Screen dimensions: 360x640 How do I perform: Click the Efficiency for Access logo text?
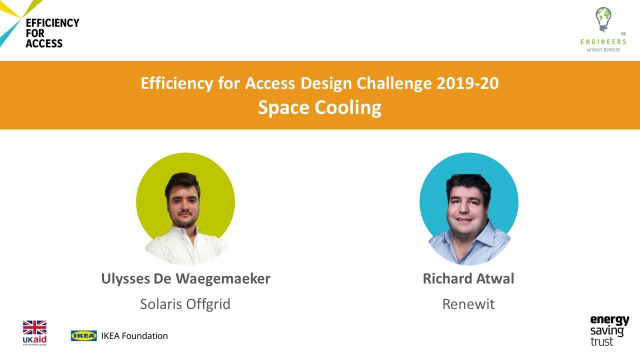pos(52,33)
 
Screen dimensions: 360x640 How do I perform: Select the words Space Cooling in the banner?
pos(319,107)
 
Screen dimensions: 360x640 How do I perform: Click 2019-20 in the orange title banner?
pos(467,83)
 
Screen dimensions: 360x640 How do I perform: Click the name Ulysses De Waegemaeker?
pos(185,278)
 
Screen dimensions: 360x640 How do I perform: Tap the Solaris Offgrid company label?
pos(185,304)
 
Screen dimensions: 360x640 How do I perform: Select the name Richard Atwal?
pos(468,278)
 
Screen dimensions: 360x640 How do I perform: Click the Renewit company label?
pos(468,304)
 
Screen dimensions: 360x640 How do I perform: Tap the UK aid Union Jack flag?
pos(34,327)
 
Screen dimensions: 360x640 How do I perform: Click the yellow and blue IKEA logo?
pos(83,335)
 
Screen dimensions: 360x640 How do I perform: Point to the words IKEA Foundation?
pos(134,335)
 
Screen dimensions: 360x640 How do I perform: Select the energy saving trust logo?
pos(609,330)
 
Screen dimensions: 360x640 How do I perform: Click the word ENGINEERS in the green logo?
pos(603,42)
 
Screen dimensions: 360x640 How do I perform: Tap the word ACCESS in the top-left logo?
pos(44,43)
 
